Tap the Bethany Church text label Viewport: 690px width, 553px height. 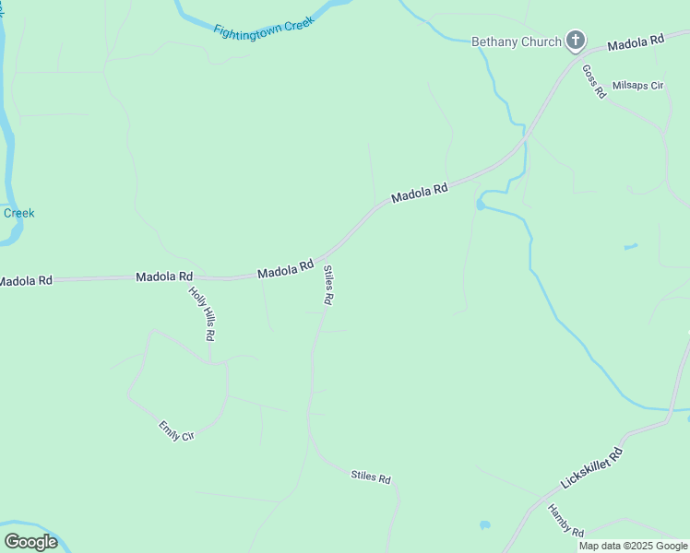pos(517,41)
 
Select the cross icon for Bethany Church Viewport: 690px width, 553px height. pos(575,41)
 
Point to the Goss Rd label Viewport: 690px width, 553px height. pos(594,82)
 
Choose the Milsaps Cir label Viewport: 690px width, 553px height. pos(638,86)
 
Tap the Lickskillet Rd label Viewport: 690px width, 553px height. pos(591,468)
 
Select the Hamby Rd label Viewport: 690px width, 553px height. pos(565,521)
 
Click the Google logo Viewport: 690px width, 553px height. pos(30,542)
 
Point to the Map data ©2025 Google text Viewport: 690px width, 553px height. pos(633,546)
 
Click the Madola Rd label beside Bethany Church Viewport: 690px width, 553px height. pos(636,41)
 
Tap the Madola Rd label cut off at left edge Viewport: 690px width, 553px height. pos(26,280)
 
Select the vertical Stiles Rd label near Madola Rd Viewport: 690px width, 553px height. pos(327,286)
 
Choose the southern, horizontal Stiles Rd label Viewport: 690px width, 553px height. pos(371,477)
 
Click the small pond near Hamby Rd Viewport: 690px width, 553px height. pos(485,525)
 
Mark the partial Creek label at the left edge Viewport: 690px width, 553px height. pos(18,213)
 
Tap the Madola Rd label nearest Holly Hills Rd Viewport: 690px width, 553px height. pos(164,276)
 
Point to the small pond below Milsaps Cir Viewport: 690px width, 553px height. pos(630,247)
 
